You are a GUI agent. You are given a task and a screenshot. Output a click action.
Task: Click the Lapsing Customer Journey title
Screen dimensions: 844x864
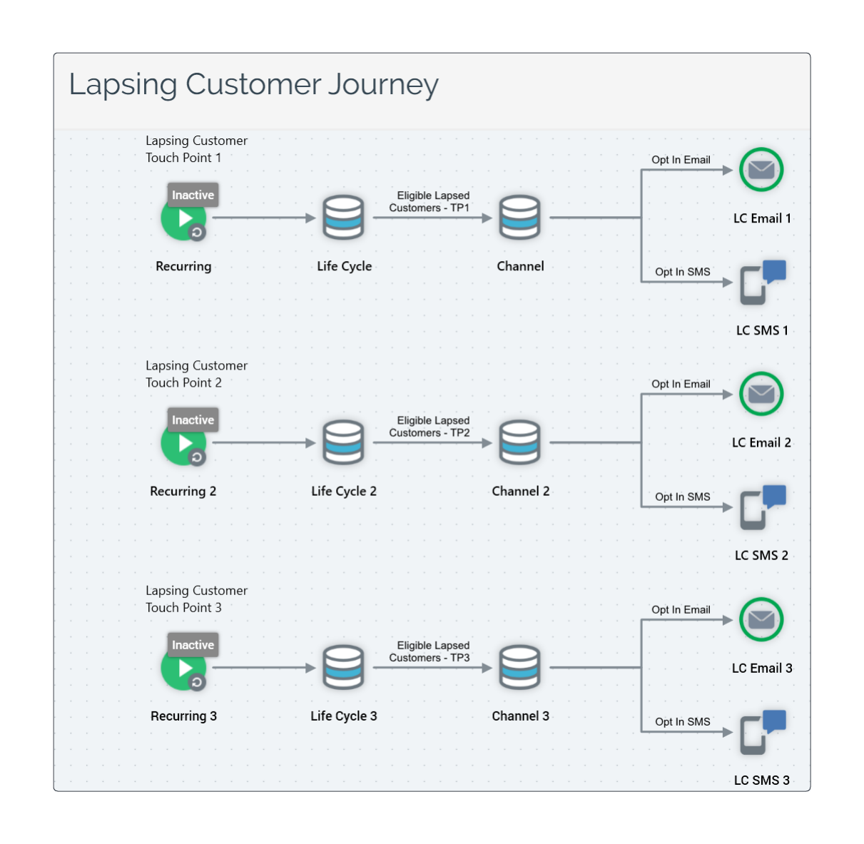[x=253, y=84]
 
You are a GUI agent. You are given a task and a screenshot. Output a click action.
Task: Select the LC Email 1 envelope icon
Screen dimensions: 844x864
[x=761, y=170]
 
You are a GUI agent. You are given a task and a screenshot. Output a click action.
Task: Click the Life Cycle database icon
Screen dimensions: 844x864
[x=343, y=218]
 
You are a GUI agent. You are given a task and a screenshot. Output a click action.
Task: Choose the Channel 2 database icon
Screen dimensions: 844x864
[x=519, y=442]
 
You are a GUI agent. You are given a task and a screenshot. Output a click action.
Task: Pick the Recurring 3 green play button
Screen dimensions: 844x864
[x=183, y=668]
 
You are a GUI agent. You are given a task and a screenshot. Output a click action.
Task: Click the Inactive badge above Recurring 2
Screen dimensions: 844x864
[x=193, y=420]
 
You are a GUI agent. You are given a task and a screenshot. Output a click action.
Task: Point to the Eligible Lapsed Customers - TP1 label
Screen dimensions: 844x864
[x=430, y=202]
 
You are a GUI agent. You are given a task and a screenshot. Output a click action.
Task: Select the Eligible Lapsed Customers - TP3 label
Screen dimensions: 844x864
[x=430, y=652]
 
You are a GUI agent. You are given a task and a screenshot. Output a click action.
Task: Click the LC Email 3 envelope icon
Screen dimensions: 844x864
[x=761, y=619]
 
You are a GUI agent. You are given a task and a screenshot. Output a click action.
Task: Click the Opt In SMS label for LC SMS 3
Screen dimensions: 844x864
[x=682, y=722]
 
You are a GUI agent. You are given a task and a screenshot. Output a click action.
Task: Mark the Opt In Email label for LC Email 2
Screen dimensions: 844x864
[x=681, y=384]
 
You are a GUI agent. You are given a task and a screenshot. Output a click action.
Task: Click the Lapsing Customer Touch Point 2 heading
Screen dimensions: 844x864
[x=196, y=374]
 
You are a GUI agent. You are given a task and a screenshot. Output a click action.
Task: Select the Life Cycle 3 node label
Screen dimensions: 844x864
[x=343, y=716]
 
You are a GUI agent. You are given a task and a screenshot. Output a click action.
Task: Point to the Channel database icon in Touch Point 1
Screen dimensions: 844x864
[x=519, y=218]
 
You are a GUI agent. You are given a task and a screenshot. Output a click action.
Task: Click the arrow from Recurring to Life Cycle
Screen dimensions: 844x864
[x=263, y=218]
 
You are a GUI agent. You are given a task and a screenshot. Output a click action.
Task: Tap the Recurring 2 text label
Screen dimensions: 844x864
[x=183, y=492]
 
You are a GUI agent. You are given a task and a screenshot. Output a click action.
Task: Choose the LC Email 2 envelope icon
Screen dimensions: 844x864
[x=761, y=394]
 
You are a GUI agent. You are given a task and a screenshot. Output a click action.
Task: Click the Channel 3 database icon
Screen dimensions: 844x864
[x=519, y=668]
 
